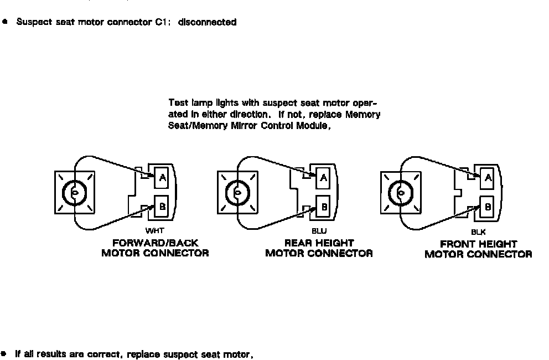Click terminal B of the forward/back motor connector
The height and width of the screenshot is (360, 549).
coord(163,205)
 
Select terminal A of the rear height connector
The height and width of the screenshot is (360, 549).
coord(324,177)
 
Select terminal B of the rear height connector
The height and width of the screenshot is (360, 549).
coord(324,206)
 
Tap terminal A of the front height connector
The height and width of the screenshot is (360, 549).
coord(488,177)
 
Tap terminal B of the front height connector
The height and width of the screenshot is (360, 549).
coord(488,206)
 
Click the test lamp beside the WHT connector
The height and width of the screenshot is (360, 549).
coord(74,192)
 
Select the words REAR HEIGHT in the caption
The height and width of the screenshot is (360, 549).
coord(319,243)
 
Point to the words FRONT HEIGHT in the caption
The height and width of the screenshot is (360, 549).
coord(478,244)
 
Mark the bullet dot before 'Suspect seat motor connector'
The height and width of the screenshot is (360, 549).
coord(5,22)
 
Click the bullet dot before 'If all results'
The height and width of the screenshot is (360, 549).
coord(5,353)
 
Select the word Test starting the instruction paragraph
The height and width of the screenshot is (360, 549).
coord(178,103)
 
